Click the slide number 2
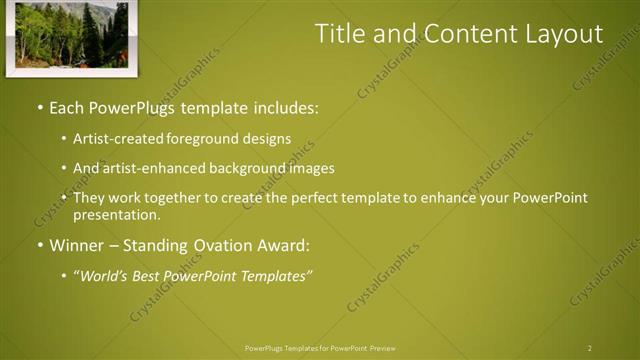[589, 348]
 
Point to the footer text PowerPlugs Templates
[291, 348]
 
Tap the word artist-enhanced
[149, 168]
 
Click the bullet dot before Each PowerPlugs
[39, 106]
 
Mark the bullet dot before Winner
[39, 245]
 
